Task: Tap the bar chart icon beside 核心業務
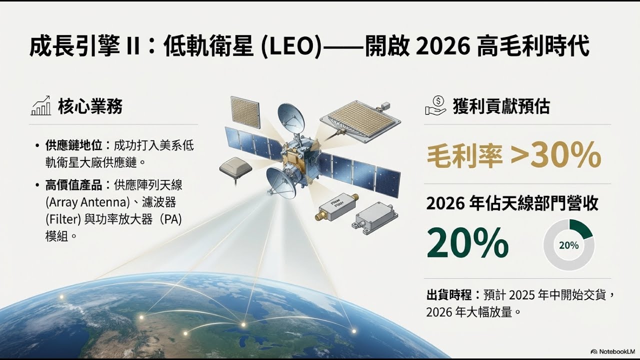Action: click(x=41, y=105)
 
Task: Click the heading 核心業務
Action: click(x=90, y=106)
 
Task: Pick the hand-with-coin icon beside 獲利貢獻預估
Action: click(x=435, y=105)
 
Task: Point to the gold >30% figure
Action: click(x=555, y=155)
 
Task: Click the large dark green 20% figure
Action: click(x=467, y=243)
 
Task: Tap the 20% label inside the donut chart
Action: click(x=568, y=245)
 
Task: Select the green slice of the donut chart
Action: click(x=582, y=229)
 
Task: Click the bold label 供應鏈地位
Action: click(x=73, y=146)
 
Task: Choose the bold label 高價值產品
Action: click(x=73, y=185)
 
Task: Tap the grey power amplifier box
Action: click(x=376, y=218)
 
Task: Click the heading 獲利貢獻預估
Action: click(x=501, y=106)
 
